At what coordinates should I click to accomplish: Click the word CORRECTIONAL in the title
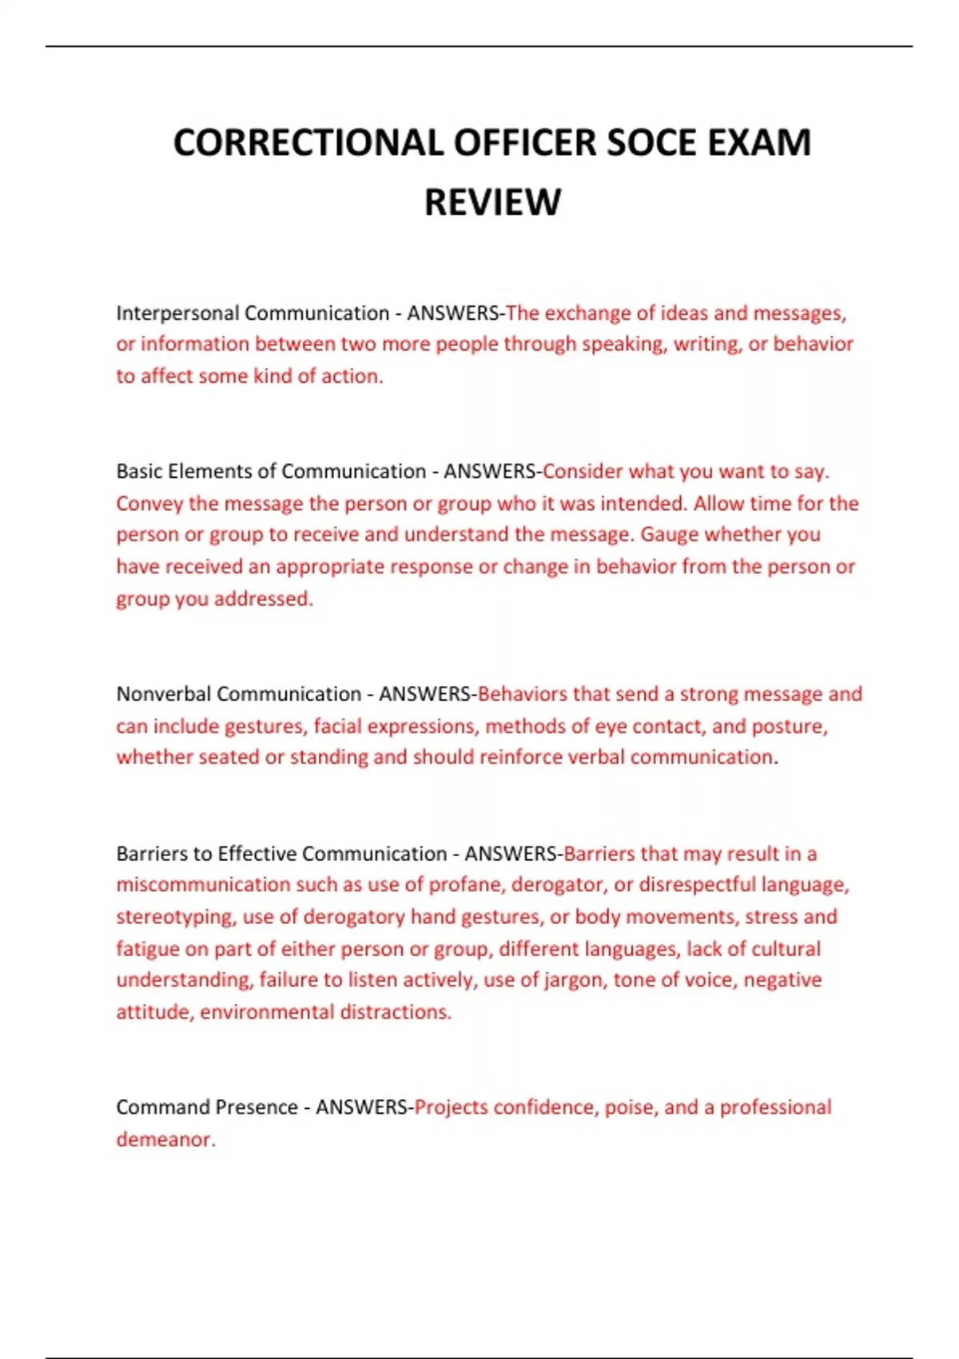click(x=308, y=143)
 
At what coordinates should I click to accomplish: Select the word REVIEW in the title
click(x=492, y=202)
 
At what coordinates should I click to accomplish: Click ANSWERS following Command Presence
click(x=362, y=1107)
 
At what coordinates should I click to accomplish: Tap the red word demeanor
click(x=165, y=1139)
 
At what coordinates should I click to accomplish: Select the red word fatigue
click(x=149, y=949)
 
